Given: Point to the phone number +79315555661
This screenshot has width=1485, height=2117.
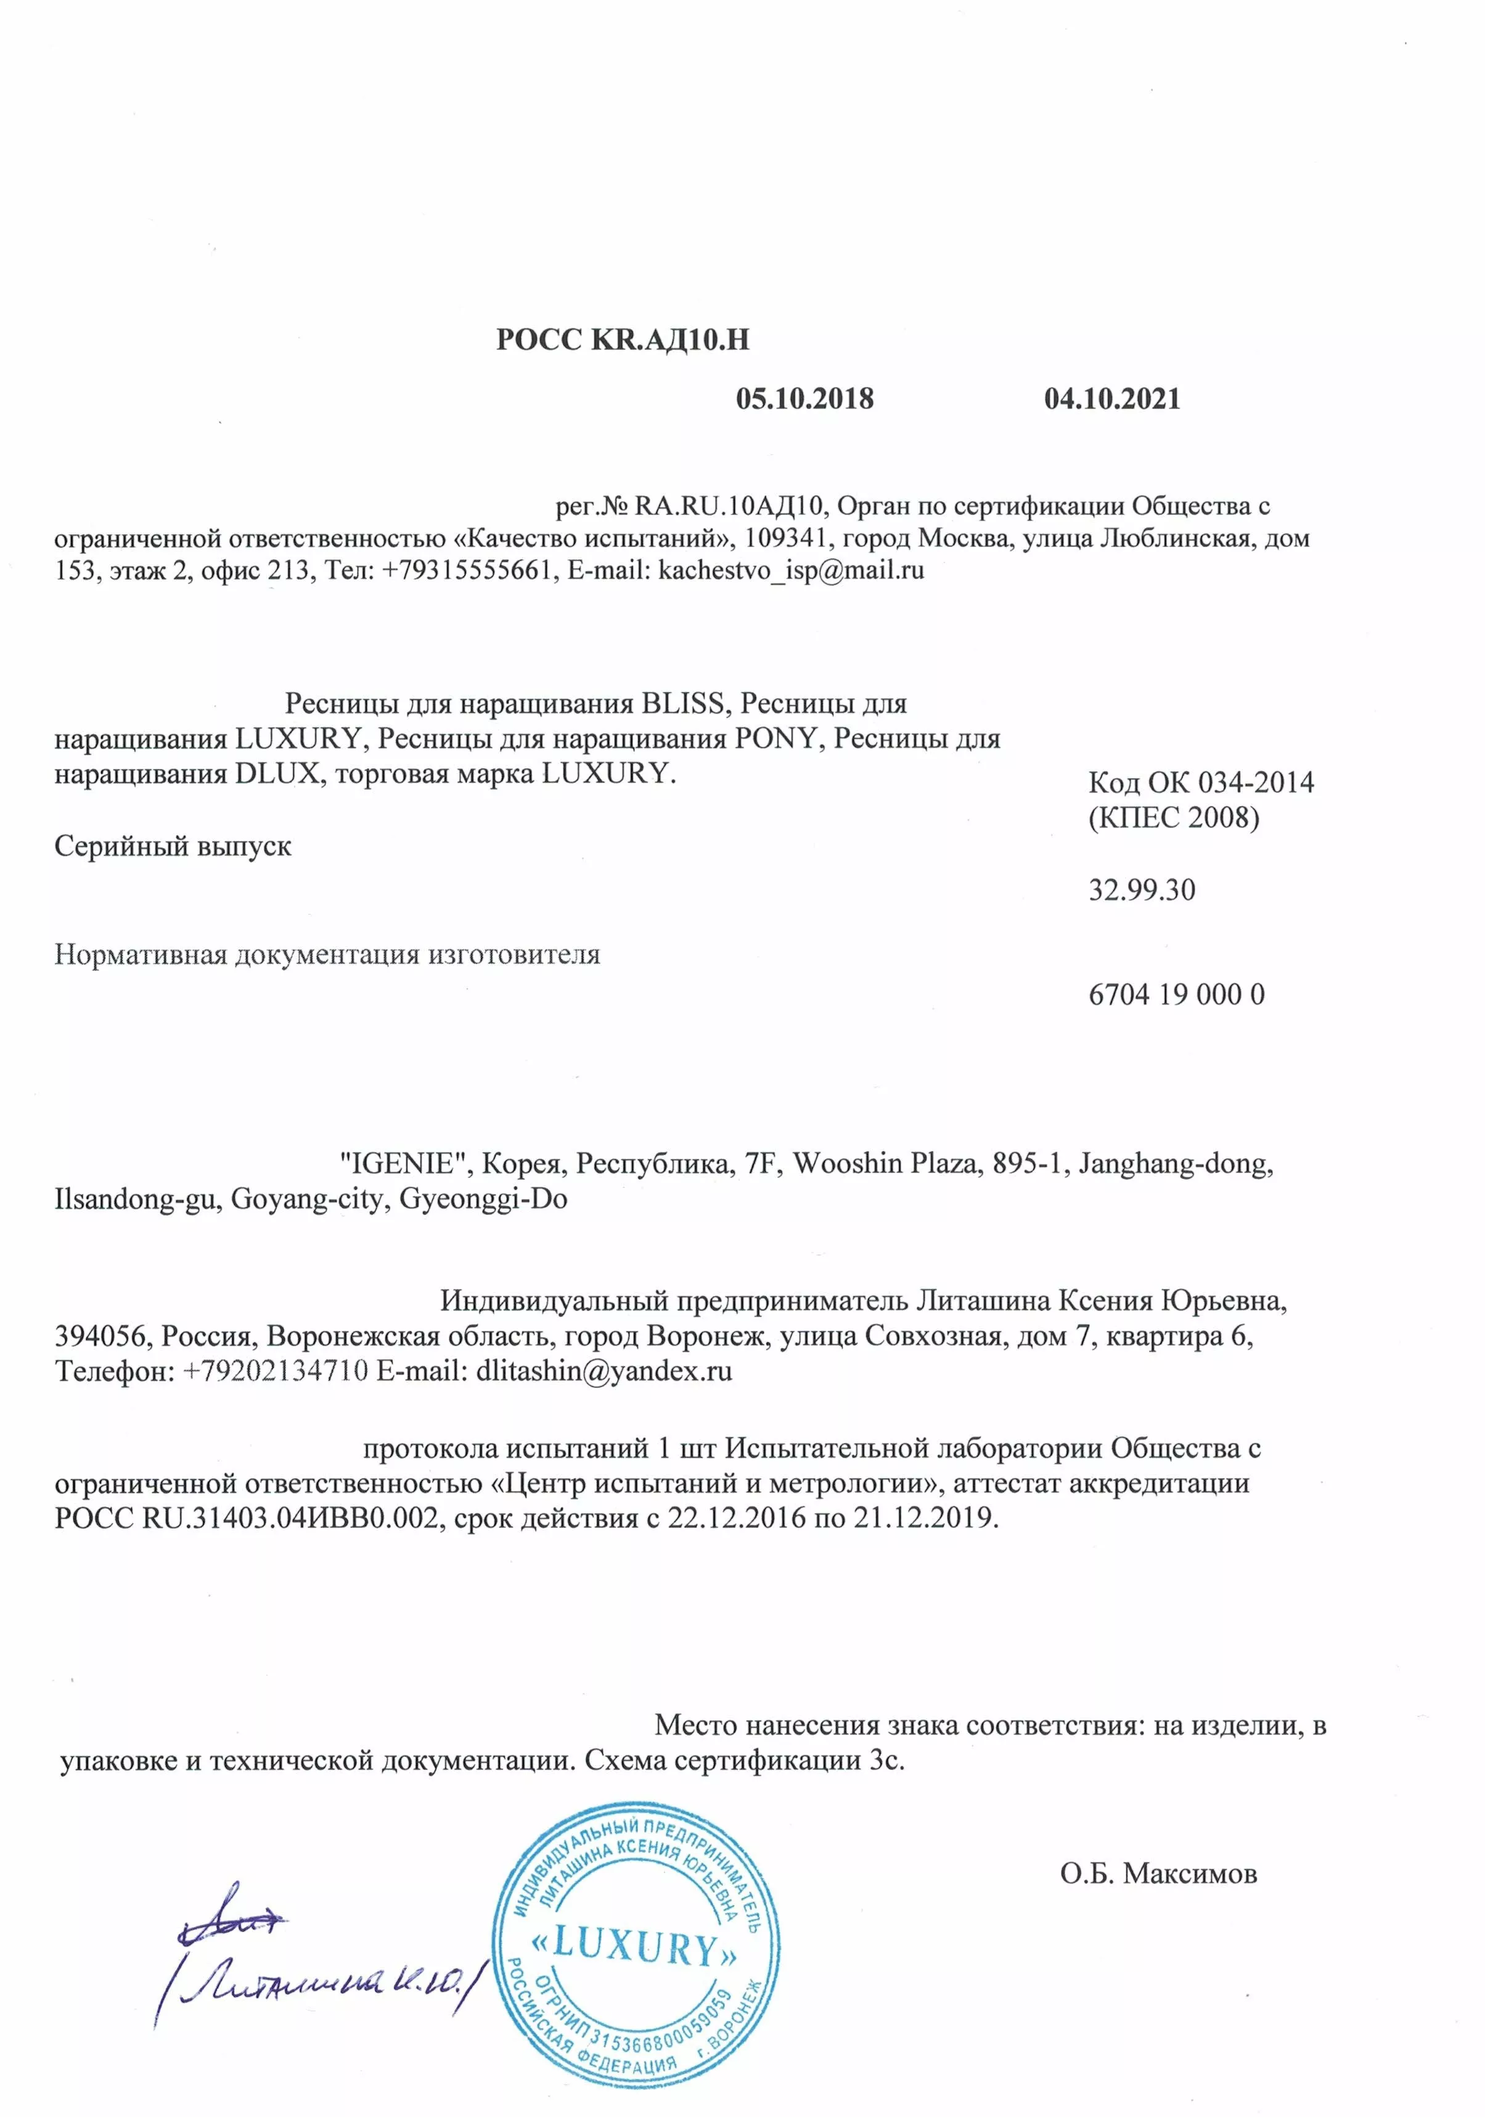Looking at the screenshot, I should point(467,570).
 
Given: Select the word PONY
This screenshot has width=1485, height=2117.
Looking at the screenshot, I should point(777,739).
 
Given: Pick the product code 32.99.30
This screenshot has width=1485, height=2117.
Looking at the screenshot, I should point(1141,890).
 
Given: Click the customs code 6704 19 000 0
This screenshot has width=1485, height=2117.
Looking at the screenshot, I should point(1176,994).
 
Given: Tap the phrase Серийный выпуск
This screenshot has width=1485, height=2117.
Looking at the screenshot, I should point(173,845).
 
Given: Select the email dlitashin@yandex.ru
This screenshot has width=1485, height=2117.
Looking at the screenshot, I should point(604,1371).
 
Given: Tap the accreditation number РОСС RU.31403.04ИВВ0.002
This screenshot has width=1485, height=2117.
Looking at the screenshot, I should point(245,1518).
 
